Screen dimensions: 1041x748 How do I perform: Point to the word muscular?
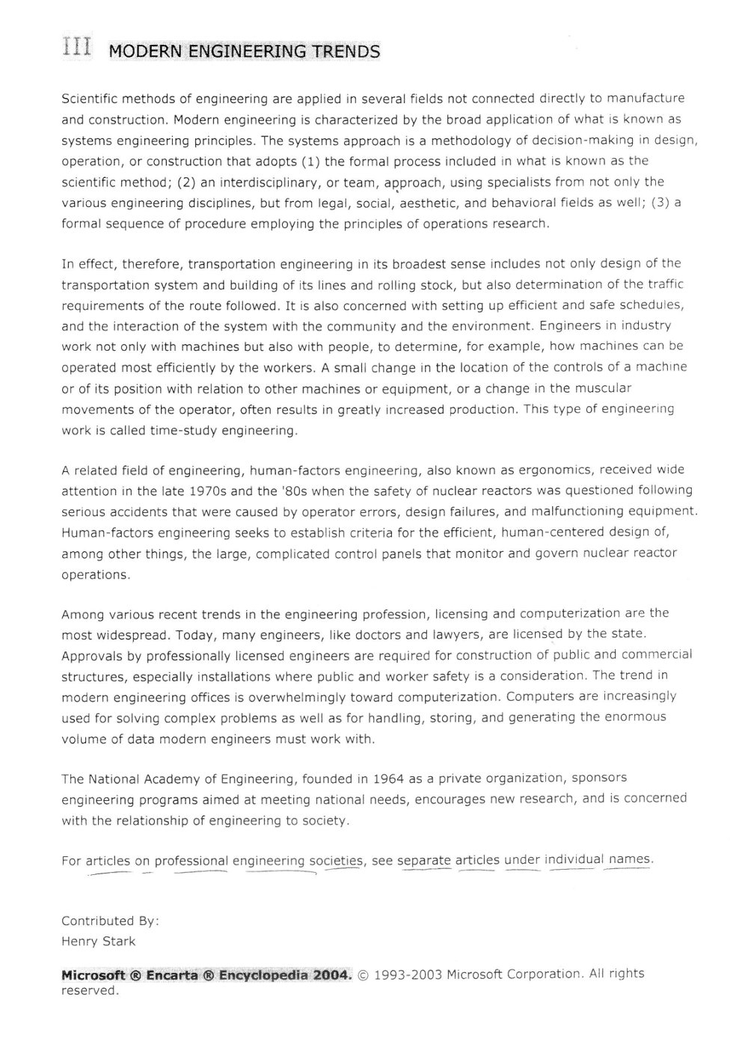[603, 389]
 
